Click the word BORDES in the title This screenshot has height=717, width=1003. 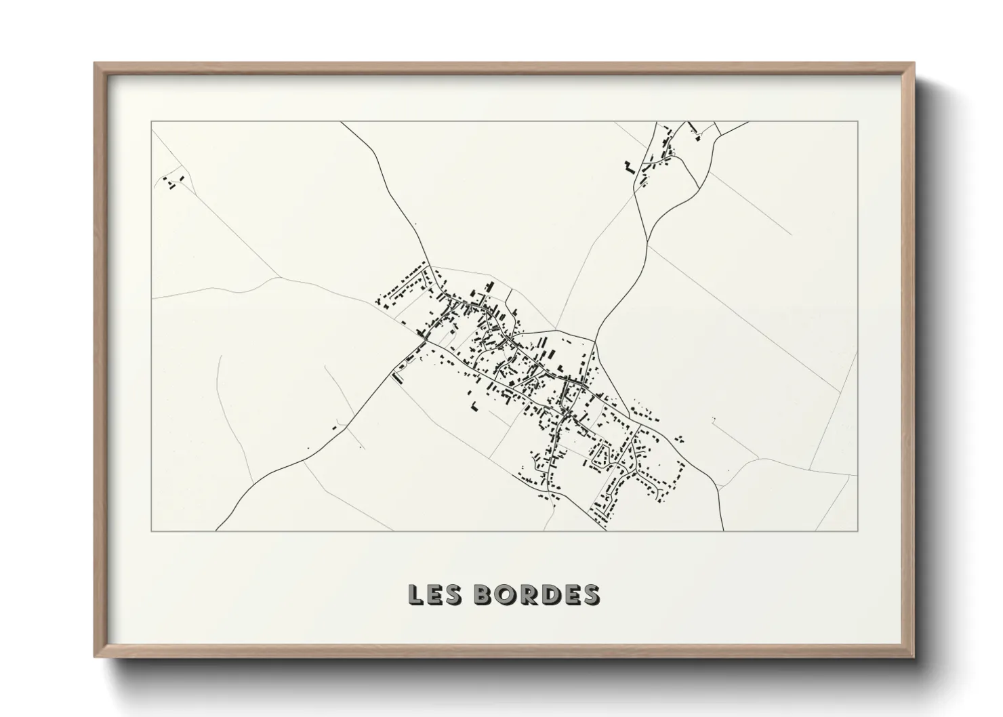point(536,594)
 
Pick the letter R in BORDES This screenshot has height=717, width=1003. point(526,594)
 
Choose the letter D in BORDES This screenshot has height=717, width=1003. point(548,594)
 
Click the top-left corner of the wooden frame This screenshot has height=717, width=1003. point(95,64)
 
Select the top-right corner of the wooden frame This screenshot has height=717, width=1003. point(914,64)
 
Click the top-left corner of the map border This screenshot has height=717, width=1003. point(151,121)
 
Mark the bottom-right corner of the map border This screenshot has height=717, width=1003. point(858,531)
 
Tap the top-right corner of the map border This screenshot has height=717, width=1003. point(858,121)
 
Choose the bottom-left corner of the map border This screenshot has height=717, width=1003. point(151,531)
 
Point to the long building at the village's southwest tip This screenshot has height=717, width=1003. point(398,377)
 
